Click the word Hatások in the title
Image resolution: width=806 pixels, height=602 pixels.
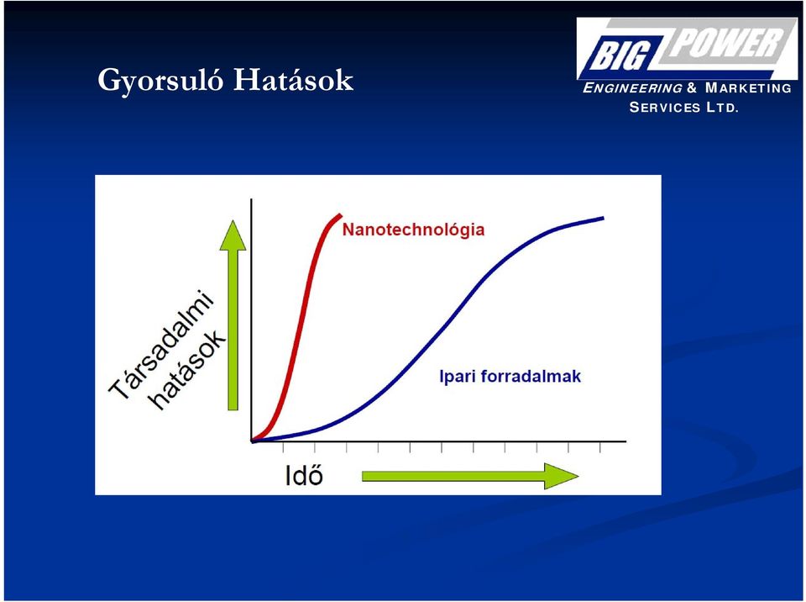point(294,80)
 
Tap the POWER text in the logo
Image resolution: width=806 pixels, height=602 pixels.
point(725,42)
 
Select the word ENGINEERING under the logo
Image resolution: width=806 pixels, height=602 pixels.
point(632,88)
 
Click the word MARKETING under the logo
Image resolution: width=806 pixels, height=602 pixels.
point(748,88)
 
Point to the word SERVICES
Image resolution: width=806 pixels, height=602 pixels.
point(665,108)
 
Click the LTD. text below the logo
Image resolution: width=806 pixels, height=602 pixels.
point(722,108)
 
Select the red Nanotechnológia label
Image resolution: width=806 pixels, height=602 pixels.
point(413,230)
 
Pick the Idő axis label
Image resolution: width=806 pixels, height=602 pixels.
point(304,474)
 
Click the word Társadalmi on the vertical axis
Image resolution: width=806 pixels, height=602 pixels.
point(161,345)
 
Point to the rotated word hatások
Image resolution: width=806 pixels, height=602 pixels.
point(188,370)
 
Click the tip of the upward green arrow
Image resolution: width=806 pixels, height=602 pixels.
point(233,221)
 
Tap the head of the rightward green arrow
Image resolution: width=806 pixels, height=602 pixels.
point(578,476)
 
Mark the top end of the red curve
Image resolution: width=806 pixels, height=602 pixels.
point(340,214)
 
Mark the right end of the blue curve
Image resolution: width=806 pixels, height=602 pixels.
point(604,219)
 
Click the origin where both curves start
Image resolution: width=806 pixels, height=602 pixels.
point(252,441)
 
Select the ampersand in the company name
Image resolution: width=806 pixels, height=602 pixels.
point(692,88)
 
